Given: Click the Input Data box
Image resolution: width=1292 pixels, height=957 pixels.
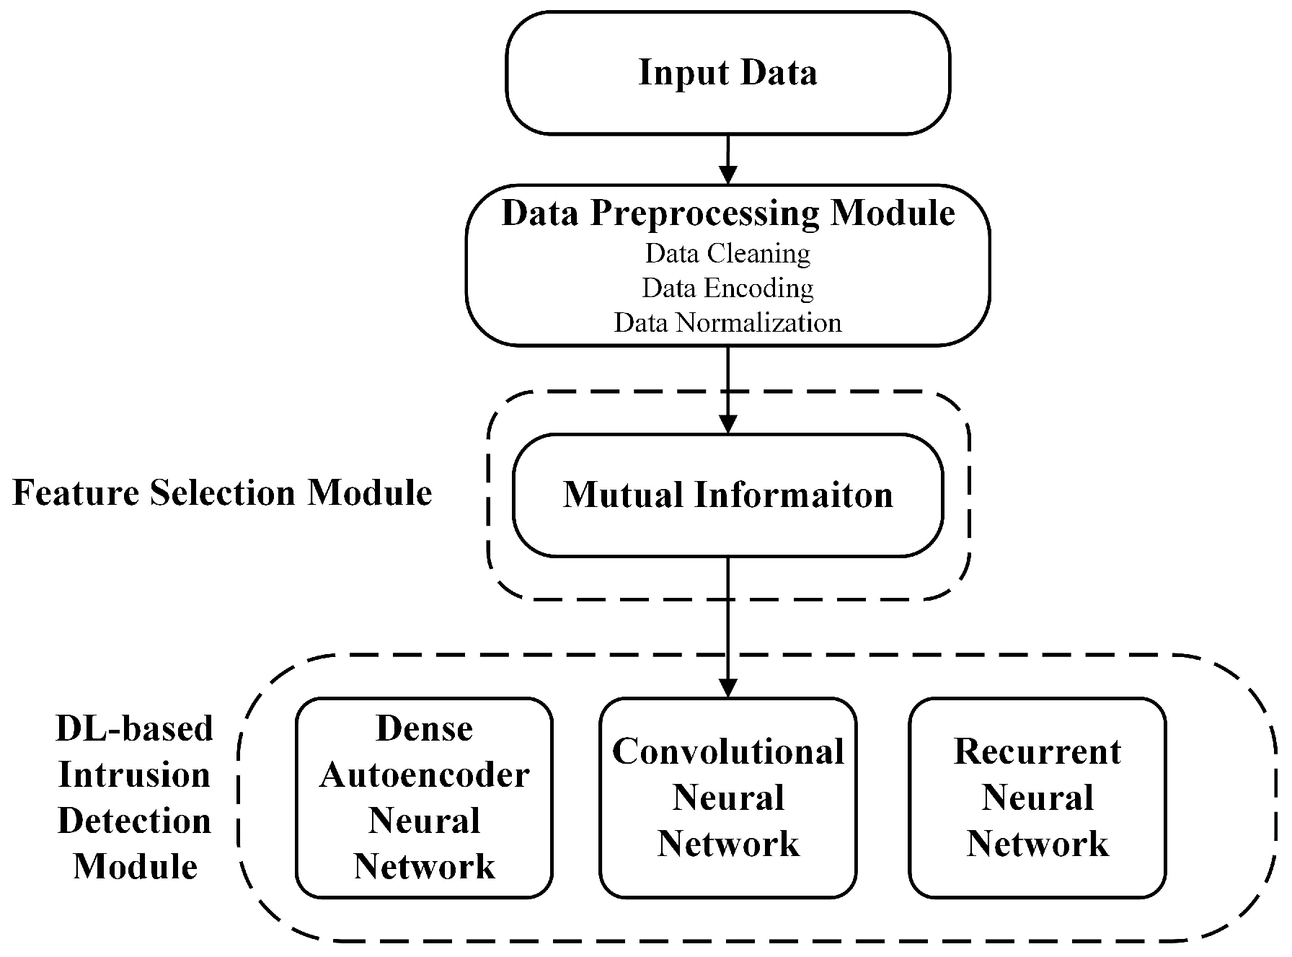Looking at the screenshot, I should (x=727, y=73).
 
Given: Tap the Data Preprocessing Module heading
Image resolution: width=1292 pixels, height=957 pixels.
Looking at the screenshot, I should (x=727, y=213).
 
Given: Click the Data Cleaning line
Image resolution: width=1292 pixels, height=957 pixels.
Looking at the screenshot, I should (x=727, y=253).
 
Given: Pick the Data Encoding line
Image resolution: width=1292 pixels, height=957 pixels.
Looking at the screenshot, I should (x=727, y=288).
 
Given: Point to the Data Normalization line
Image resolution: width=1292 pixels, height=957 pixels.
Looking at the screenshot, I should (x=727, y=322).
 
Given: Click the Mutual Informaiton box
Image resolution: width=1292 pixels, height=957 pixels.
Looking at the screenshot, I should (x=727, y=495).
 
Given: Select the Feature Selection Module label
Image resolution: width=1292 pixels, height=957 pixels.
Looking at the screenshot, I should (x=222, y=493).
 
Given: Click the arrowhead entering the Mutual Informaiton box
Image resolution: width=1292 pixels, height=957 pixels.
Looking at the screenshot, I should (x=728, y=424).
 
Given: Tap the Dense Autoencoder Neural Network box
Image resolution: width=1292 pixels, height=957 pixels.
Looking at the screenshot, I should (x=424, y=797).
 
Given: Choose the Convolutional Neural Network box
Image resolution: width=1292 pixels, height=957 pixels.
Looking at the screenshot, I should (x=728, y=797).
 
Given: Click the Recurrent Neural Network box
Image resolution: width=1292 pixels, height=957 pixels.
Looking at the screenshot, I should (x=1037, y=797).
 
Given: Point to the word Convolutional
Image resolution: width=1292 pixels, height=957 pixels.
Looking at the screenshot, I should (x=728, y=751).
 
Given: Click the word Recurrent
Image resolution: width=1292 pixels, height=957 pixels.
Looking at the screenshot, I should (x=1037, y=751).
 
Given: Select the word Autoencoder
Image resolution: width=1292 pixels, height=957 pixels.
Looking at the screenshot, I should (x=424, y=775).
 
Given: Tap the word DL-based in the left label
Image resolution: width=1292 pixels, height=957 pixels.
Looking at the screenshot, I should (x=135, y=728).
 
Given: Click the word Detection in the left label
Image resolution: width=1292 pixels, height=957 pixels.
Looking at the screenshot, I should (x=135, y=821).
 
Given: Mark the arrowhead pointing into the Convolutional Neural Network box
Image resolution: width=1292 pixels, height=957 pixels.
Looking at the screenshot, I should (x=728, y=687).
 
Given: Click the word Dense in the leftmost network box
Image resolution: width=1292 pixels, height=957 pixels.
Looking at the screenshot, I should (x=424, y=728).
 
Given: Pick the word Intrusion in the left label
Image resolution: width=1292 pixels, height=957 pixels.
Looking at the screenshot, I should (x=135, y=775).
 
